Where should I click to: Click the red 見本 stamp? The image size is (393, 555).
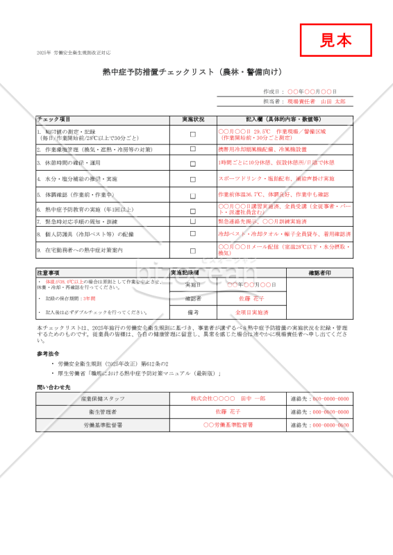tap(335, 40)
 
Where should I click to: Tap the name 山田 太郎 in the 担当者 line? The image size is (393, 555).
tap(332, 101)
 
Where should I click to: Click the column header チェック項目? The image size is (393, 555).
tap(54, 119)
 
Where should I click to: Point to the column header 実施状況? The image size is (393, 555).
tap(193, 119)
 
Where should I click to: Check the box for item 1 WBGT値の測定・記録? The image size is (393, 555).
tap(193, 135)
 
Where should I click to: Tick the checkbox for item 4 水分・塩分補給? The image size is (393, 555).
tap(193, 179)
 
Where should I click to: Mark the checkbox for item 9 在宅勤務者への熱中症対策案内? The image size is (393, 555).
tap(193, 250)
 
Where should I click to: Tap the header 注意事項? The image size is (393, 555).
tap(49, 273)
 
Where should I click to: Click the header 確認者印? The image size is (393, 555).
tap(319, 273)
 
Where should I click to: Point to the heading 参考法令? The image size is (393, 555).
tap(48, 353)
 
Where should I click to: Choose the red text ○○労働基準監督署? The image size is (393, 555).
tap(228, 425)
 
